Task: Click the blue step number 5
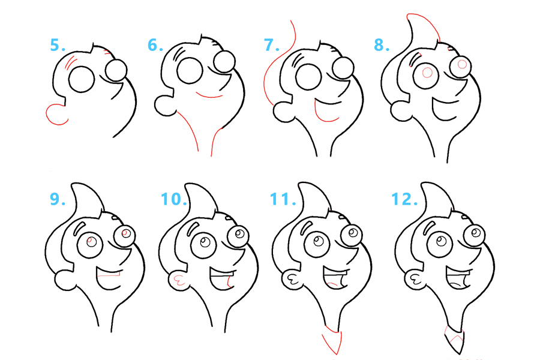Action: point(58,45)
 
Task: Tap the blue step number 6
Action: point(155,45)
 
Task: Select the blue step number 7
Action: point(271,45)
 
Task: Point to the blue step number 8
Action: point(382,45)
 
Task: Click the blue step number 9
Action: point(58,199)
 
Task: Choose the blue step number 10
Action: point(174,199)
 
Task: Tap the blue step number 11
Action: point(283,199)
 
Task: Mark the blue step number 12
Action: point(404,199)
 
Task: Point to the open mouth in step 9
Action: point(108,278)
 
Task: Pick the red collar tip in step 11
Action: point(332,340)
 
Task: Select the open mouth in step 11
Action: point(335,278)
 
